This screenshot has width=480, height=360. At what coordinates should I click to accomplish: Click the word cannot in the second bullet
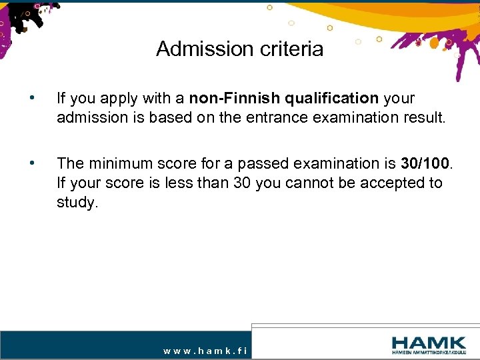click(311, 183)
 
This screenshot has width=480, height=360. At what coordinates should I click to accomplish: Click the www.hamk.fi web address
click(205, 349)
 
